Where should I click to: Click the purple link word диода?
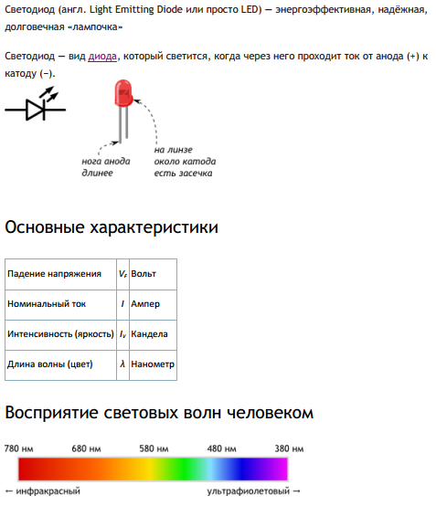coord(102,57)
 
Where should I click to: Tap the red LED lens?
coord(123,93)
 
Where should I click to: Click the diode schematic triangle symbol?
coord(35,110)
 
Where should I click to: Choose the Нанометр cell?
coord(153,364)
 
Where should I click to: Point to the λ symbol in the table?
coord(122,364)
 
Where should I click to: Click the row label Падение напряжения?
coord(54,274)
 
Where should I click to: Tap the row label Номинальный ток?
coord(47,304)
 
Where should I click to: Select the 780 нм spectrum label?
coord(18,448)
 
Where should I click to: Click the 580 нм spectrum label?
coord(154,448)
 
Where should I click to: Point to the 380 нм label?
coord(289,448)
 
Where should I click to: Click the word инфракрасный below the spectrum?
coord(48,491)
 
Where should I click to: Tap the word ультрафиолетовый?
coord(249,491)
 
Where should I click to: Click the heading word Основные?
coord(45,227)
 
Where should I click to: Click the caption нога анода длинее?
coord(106,167)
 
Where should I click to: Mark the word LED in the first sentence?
coord(250,9)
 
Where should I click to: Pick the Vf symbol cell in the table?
coord(122,274)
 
